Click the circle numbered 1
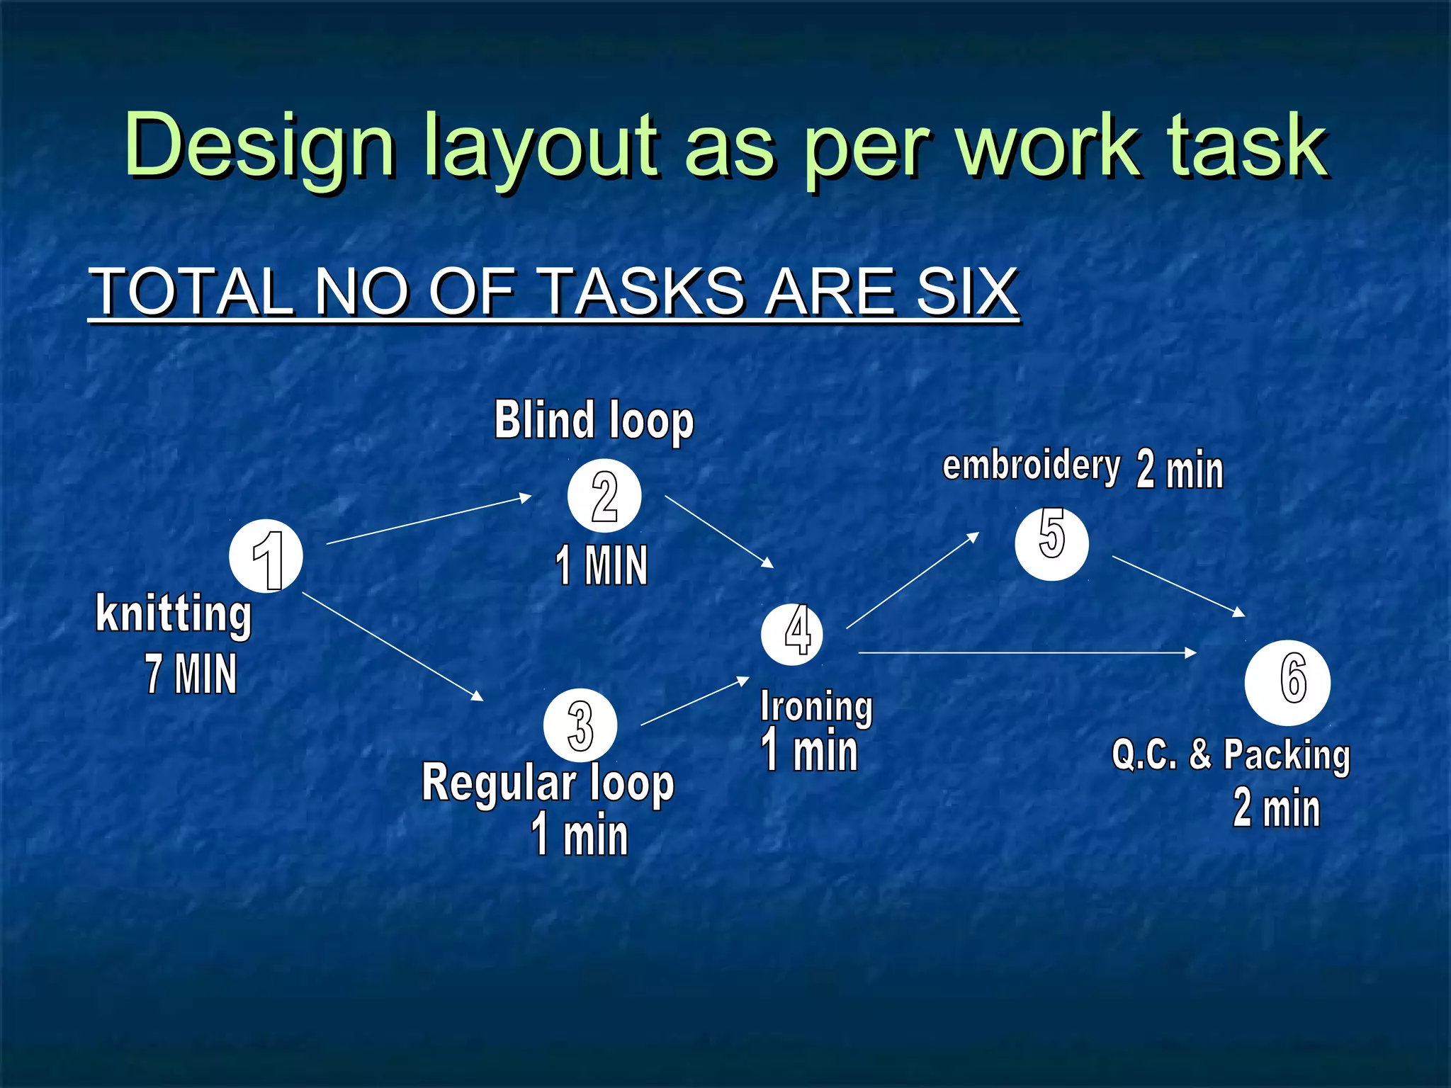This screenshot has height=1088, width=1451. [266, 557]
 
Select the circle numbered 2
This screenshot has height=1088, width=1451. [604, 496]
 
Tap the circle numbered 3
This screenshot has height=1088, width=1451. [580, 725]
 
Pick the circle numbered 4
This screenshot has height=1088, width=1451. [792, 634]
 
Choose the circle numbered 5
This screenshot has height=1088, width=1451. [1051, 543]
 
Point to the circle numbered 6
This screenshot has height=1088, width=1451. [1287, 682]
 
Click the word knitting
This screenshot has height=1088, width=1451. [174, 613]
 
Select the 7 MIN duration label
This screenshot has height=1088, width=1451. [191, 674]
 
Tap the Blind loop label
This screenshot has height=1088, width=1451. [594, 420]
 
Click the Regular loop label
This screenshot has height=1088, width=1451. [548, 783]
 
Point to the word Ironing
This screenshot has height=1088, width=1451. [816, 707]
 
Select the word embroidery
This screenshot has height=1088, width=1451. [1031, 466]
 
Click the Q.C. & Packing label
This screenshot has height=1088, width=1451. [1231, 755]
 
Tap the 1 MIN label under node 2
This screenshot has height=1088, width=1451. [602, 565]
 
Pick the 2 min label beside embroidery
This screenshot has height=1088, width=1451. [1180, 470]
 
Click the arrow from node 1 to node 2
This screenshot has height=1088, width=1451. [429, 520]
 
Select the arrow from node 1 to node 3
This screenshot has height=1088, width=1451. [393, 647]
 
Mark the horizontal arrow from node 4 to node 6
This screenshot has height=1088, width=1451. [1027, 652]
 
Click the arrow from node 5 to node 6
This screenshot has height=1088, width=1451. [1178, 586]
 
